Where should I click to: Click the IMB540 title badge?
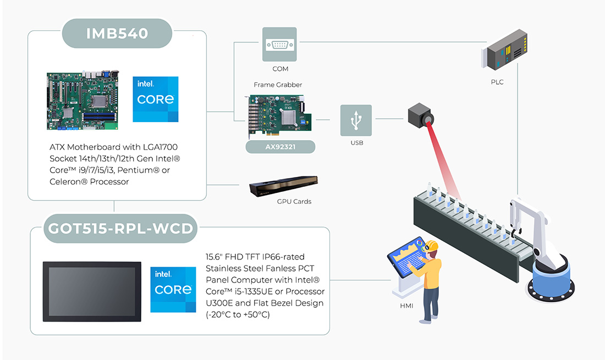coord(117,34)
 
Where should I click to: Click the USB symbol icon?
coord(356,120)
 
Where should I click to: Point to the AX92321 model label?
coord(280,147)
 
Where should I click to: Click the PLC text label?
coord(497,82)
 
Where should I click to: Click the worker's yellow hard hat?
coord(431,245)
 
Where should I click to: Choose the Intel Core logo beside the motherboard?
coord(156,99)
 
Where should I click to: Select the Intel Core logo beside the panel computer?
coord(173,289)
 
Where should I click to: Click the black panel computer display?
coord(92,291)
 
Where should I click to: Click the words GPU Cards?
coord(294,202)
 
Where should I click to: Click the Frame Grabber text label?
coord(278,85)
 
